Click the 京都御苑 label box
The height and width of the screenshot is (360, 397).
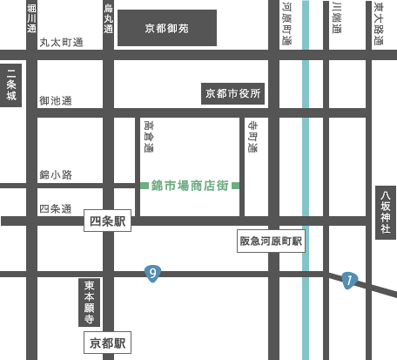167,28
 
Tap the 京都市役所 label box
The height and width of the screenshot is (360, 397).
232,93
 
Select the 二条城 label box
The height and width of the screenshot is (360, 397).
11,85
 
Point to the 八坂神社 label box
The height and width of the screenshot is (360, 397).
386,213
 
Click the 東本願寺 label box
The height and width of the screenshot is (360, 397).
89,302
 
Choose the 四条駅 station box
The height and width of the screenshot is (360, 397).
107,221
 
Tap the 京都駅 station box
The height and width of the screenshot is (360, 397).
107,343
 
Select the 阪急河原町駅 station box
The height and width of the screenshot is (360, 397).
271,241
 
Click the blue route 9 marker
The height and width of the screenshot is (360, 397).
152,274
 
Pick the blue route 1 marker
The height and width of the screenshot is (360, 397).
349,281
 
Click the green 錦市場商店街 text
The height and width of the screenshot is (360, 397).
190,186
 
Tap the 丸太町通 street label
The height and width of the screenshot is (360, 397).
61,43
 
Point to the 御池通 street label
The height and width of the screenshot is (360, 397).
56,100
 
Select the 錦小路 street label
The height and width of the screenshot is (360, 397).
56,174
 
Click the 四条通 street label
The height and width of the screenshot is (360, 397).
56,208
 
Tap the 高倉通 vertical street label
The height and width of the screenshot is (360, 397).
149,137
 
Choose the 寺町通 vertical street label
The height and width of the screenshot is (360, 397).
252,137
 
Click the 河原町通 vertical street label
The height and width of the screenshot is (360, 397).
287,24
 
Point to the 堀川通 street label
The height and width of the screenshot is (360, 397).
31,18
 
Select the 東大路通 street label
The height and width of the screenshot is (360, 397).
379,24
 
